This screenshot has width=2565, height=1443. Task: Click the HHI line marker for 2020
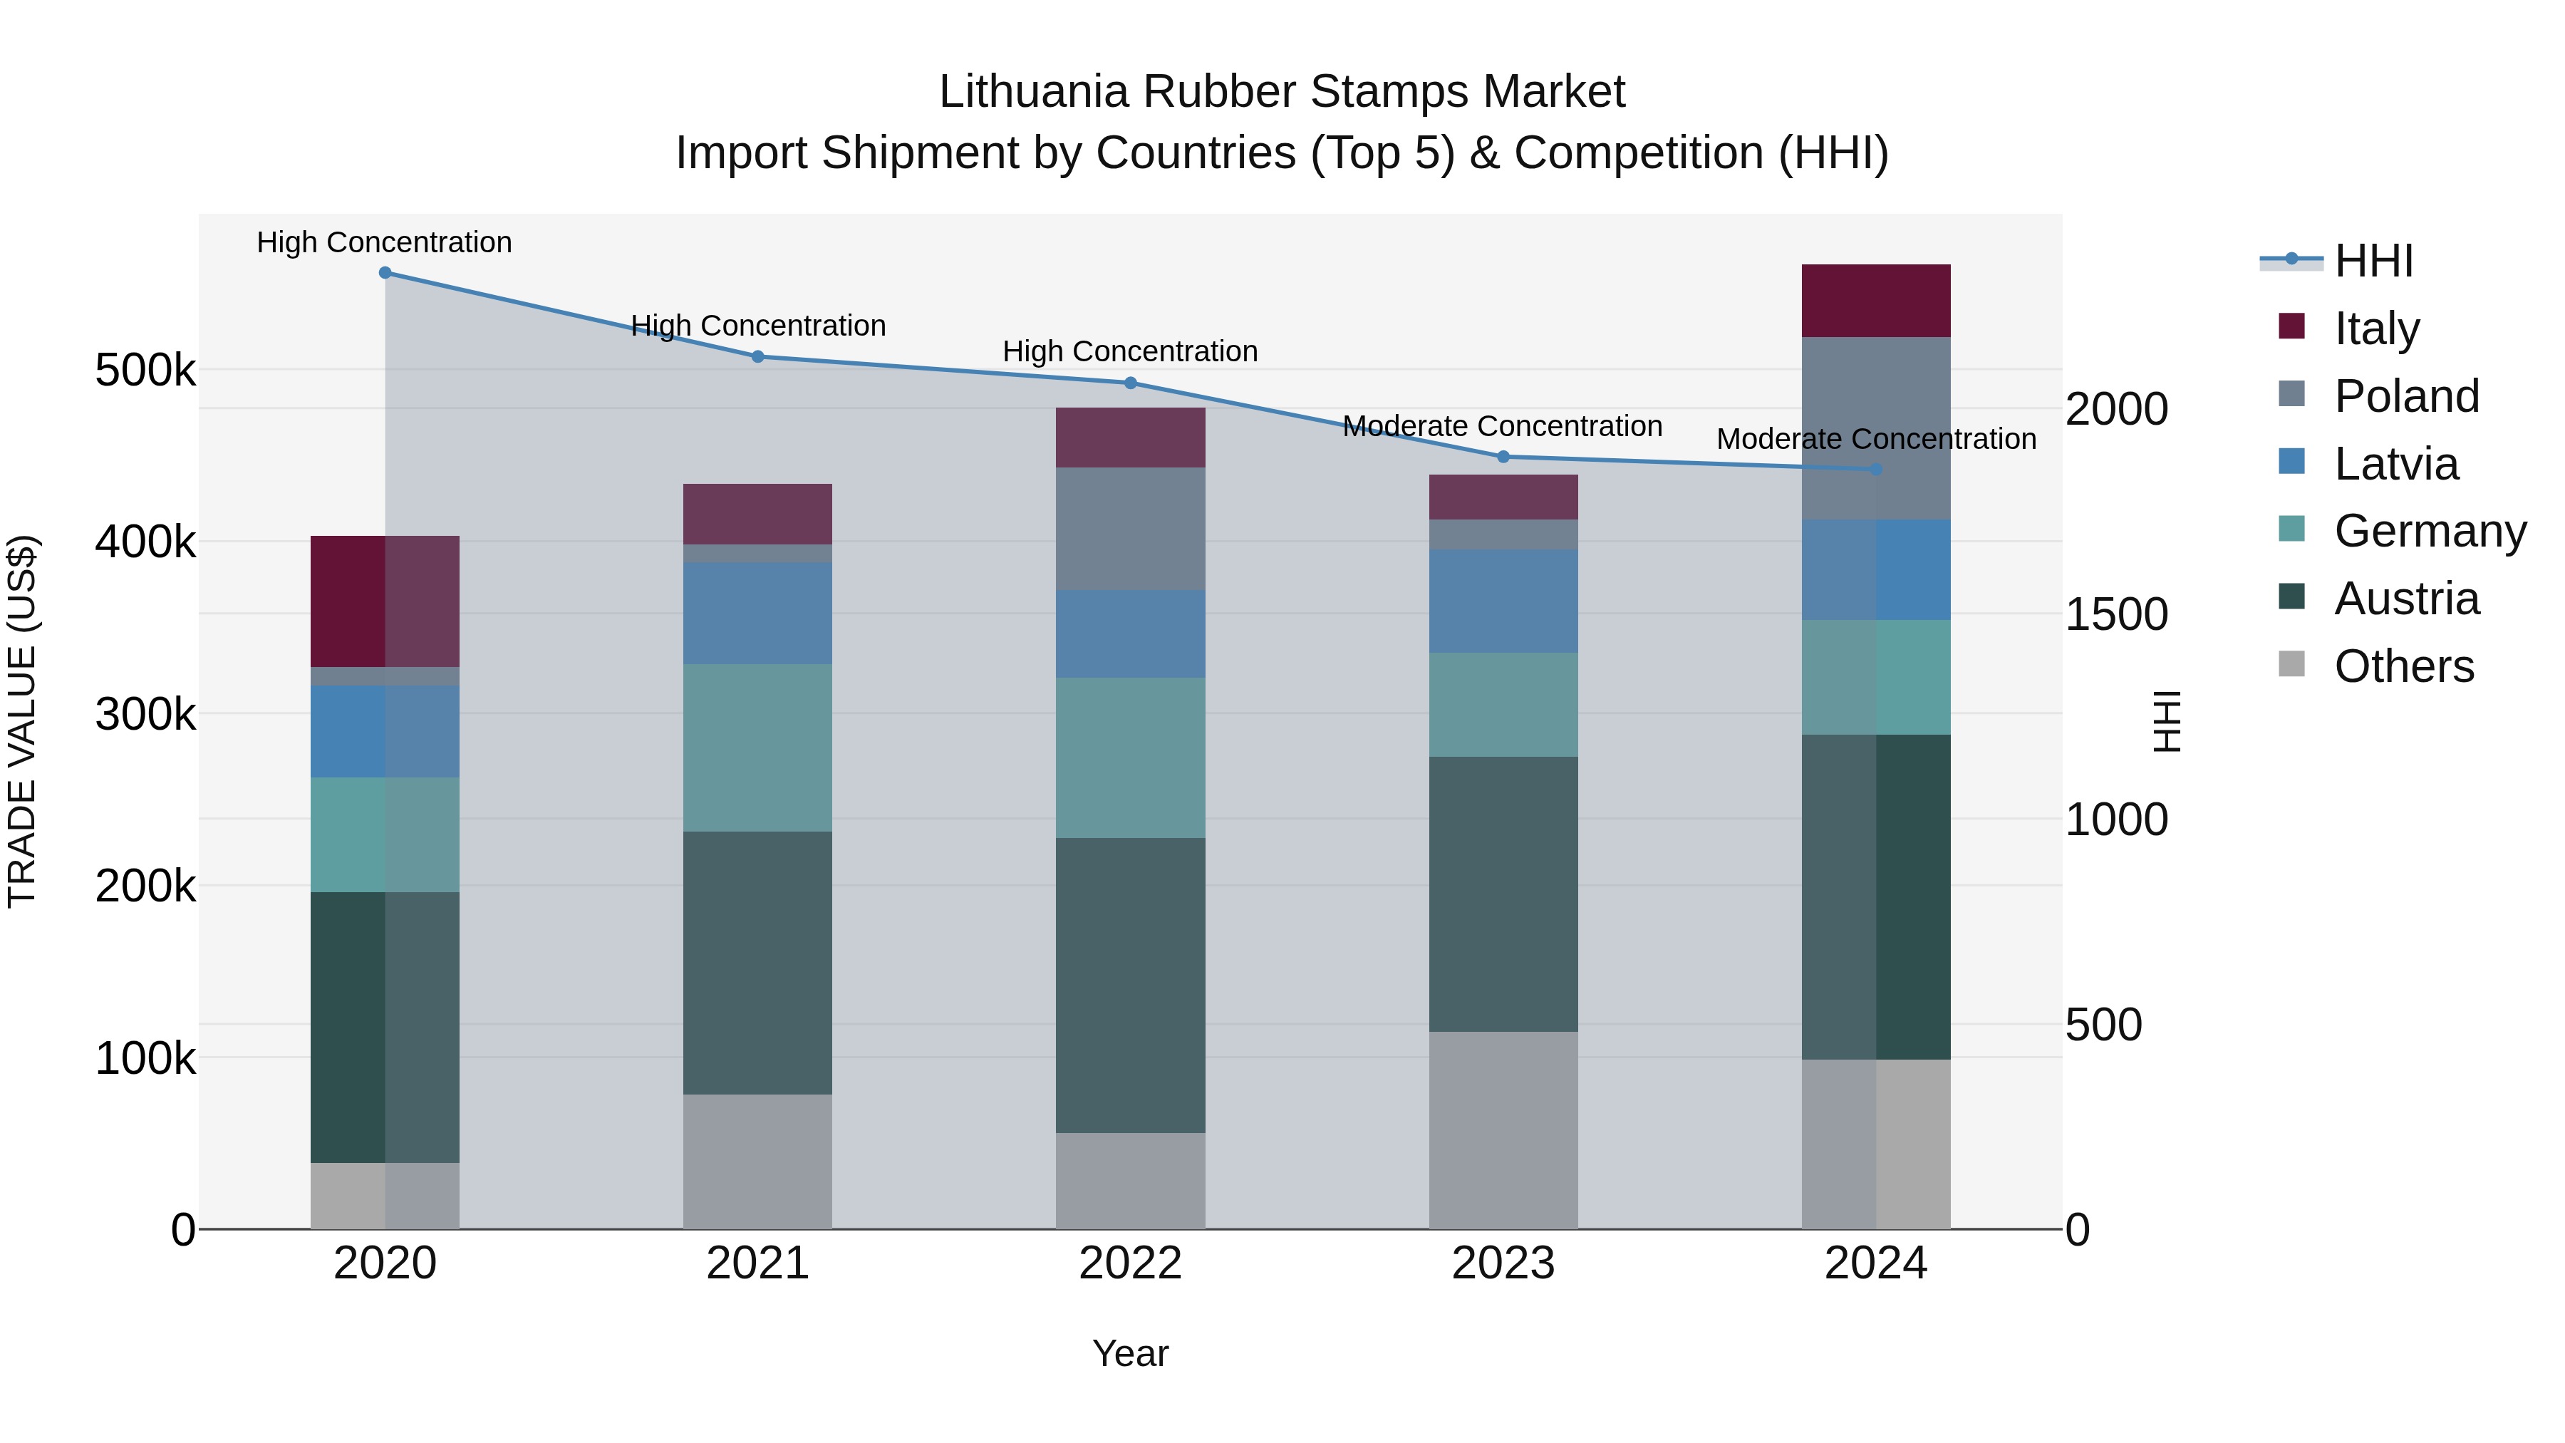pyautogui.click(x=385, y=273)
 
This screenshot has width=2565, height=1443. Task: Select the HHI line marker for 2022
pyautogui.click(x=1130, y=383)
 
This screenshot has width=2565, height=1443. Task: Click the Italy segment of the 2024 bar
pyautogui.click(x=1876, y=301)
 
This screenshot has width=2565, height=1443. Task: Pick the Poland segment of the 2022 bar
pyautogui.click(x=1130, y=529)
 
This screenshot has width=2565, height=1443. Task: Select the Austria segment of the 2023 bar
pyautogui.click(x=1503, y=894)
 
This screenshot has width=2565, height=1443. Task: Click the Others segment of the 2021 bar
pyautogui.click(x=758, y=1162)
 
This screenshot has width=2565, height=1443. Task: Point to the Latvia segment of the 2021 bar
pyautogui.click(x=758, y=614)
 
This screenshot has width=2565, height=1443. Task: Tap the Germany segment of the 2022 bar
pyautogui.click(x=1130, y=758)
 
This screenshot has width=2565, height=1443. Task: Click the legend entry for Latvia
pyautogui.click(x=2395, y=464)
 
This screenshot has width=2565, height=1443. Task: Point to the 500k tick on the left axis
pyautogui.click(x=145, y=371)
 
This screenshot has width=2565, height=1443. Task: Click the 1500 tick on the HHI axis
pyautogui.click(x=2116, y=614)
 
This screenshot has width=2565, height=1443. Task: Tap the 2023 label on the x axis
pyautogui.click(x=1503, y=1263)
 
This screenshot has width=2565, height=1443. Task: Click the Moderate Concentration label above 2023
pyautogui.click(x=1503, y=426)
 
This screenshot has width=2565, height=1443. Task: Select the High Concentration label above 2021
pyautogui.click(x=758, y=326)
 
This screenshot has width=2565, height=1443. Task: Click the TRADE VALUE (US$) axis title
pyautogui.click(x=22, y=721)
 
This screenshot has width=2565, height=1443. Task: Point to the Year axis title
pyautogui.click(x=1130, y=1353)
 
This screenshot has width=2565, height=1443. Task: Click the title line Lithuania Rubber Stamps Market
pyautogui.click(x=1282, y=92)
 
